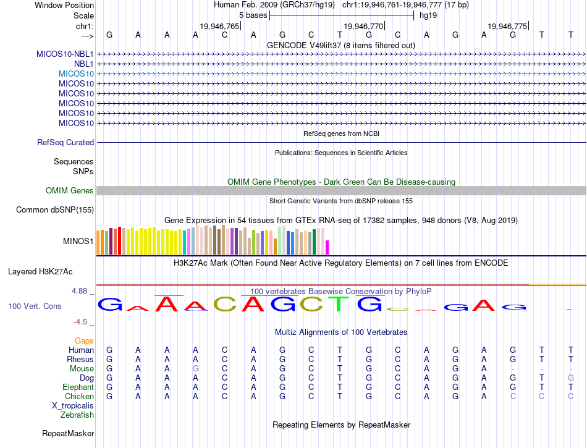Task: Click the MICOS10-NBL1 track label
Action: [65, 54]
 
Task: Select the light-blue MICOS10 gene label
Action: [76, 74]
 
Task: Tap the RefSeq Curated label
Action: [65, 143]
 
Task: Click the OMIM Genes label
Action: [69, 191]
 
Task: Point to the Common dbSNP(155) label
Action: [55, 210]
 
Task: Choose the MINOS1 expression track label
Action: [78, 241]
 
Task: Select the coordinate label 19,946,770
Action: [363, 27]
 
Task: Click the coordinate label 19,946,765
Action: [219, 27]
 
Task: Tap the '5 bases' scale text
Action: [253, 15]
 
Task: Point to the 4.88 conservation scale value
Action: [82, 291]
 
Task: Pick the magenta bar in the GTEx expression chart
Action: [327, 247]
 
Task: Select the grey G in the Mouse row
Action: [196, 369]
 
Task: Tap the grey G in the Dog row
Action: [571, 378]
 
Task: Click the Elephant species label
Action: [78, 387]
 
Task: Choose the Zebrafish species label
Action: [77, 415]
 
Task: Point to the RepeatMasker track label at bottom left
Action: [68, 434]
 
